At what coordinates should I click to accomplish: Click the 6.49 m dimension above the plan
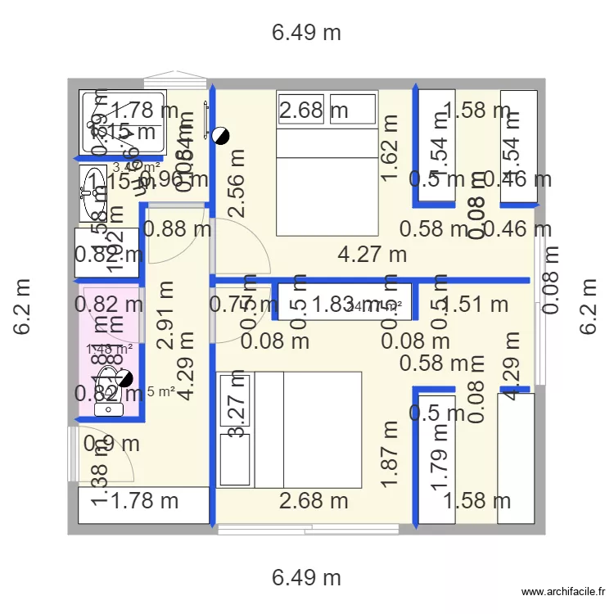(x=306, y=33)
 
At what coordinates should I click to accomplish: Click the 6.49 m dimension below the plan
(x=306, y=577)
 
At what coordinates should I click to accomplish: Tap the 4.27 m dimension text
(x=372, y=255)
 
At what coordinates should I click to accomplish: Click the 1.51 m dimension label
(x=476, y=305)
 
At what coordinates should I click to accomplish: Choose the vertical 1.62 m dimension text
(x=390, y=147)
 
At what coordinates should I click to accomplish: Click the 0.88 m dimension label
(x=176, y=230)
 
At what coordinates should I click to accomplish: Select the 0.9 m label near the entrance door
(x=112, y=444)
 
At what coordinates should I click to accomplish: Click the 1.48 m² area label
(x=109, y=350)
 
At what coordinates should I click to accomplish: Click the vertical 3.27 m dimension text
(x=237, y=418)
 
